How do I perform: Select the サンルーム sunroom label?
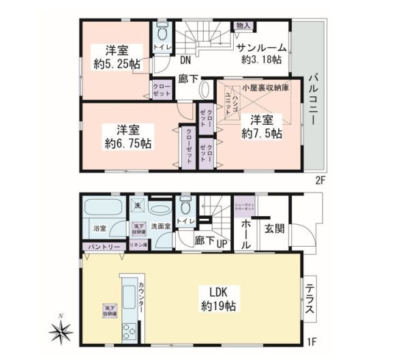tap(262, 47)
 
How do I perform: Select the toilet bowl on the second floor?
tap(162, 32)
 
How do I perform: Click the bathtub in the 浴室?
tap(103, 209)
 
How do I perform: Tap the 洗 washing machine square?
tap(137, 206)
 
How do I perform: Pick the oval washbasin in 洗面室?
tap(161, 209)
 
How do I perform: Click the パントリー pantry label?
tap(103, 246)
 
